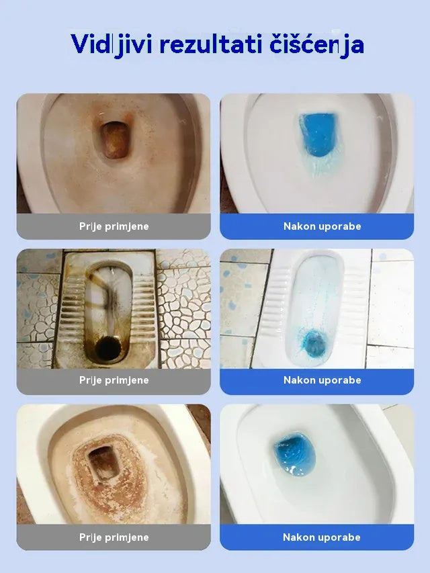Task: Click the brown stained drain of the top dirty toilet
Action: pyautogui.click(x=115, y=138)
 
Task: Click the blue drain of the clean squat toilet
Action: pyautogui.click(x=315, y=342)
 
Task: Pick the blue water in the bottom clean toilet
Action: pyautogui.click(x=294, y=453)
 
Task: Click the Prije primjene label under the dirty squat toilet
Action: pyautogui.click(x=114, y=380)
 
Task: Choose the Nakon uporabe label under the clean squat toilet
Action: pyautogui.click(x=322, y=380)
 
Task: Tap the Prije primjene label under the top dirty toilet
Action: pyautogui.click(x=114, y=226)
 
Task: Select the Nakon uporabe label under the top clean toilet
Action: pyautogui.click(x=322, y=226)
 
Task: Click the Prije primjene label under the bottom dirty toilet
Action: pyautogui.click(x=114, y=537)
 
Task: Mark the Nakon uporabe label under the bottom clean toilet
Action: pyautogui.click(x=322, y=537)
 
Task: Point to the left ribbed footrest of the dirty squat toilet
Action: pyautogui.click(x=73, y=309)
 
